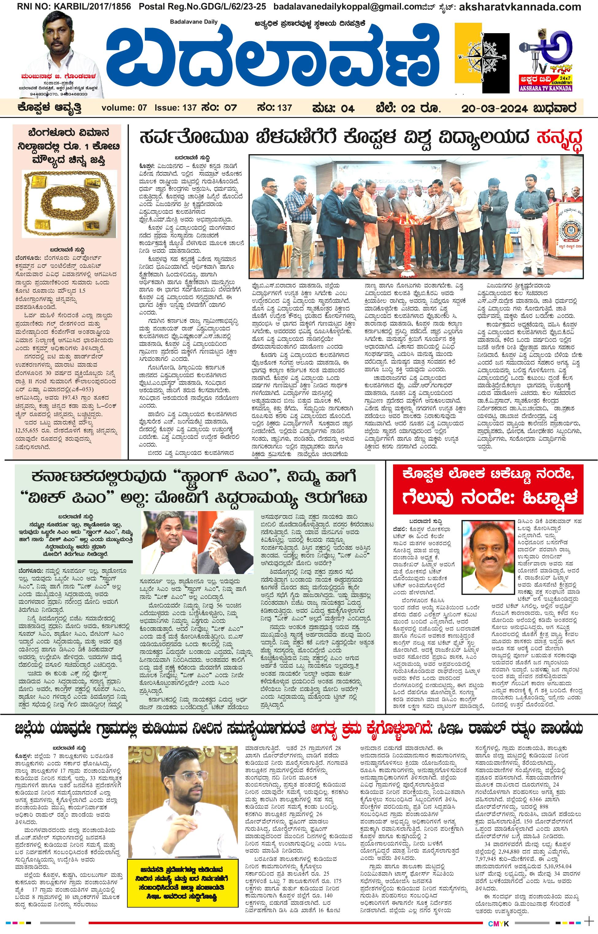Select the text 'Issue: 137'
(x=176, y=108)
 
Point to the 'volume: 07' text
(x=125, y=108)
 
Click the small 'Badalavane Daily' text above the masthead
(x=194, y=22)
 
